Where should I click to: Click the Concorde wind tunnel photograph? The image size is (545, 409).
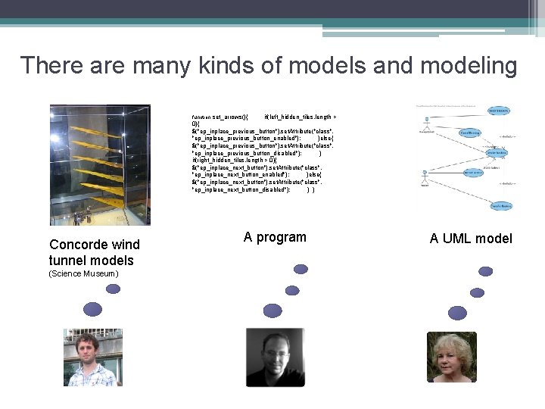[100, 164]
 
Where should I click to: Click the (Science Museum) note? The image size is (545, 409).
[83, 273]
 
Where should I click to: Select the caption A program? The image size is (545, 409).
[275, 237]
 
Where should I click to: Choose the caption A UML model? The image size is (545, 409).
[471, 239]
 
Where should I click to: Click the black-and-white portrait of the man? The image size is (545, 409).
[275, 357]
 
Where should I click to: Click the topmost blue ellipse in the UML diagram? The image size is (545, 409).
[497, 111]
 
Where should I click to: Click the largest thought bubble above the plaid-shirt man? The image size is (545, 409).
[92, 308]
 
